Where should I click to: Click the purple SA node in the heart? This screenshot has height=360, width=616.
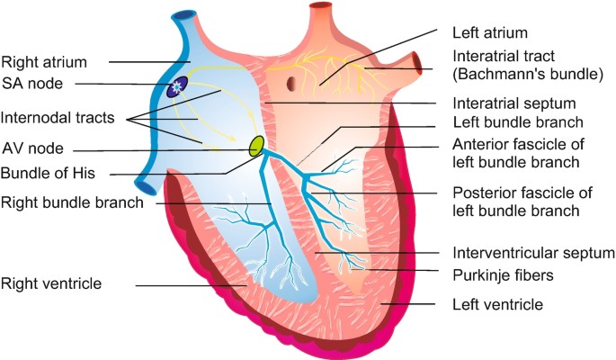coord(179,85)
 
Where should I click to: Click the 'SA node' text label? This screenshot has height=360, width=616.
coord(32,85)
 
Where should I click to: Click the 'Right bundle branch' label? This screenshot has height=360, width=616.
coord(72,202)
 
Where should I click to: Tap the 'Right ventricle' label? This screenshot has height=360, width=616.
coord(51,283)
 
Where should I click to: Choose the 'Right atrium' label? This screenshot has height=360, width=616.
coord(44,62)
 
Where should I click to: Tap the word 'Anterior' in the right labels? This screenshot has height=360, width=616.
coord(481,145)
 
